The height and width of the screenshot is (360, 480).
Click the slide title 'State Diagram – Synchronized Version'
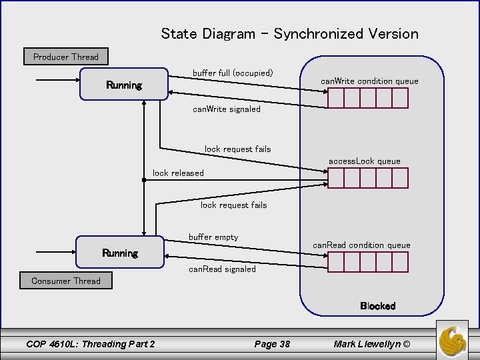tap(289, 33)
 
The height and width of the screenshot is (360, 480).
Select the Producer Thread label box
tap(65, 57)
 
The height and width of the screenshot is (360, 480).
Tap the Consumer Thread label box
tap(65, 281)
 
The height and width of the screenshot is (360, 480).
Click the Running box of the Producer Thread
tap(124, 85)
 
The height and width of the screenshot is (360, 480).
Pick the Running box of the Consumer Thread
tap(120, 253)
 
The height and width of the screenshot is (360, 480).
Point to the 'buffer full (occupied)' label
tap(233, 72)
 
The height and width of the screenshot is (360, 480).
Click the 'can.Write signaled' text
tap(226, 108)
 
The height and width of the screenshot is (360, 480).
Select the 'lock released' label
tap(178, 173)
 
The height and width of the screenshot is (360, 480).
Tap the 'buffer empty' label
tap(213, 237)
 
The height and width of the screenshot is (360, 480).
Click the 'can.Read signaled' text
tap(222, 269)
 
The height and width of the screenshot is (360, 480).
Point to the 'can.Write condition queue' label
tap(369, 81)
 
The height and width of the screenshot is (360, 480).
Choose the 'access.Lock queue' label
tap(364, 161)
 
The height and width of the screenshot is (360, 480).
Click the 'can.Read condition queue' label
tap(362, 245)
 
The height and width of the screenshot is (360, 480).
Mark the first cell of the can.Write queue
tap(335, 99)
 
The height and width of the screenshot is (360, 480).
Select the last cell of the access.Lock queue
tap(399, 178)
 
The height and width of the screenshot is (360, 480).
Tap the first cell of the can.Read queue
tap(335, 262)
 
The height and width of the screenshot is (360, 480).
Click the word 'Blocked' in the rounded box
tap(377, 306)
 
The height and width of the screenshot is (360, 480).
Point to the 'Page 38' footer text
tap(272, 343)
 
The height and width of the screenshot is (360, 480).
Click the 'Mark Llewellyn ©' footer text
tap(373, 343)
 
